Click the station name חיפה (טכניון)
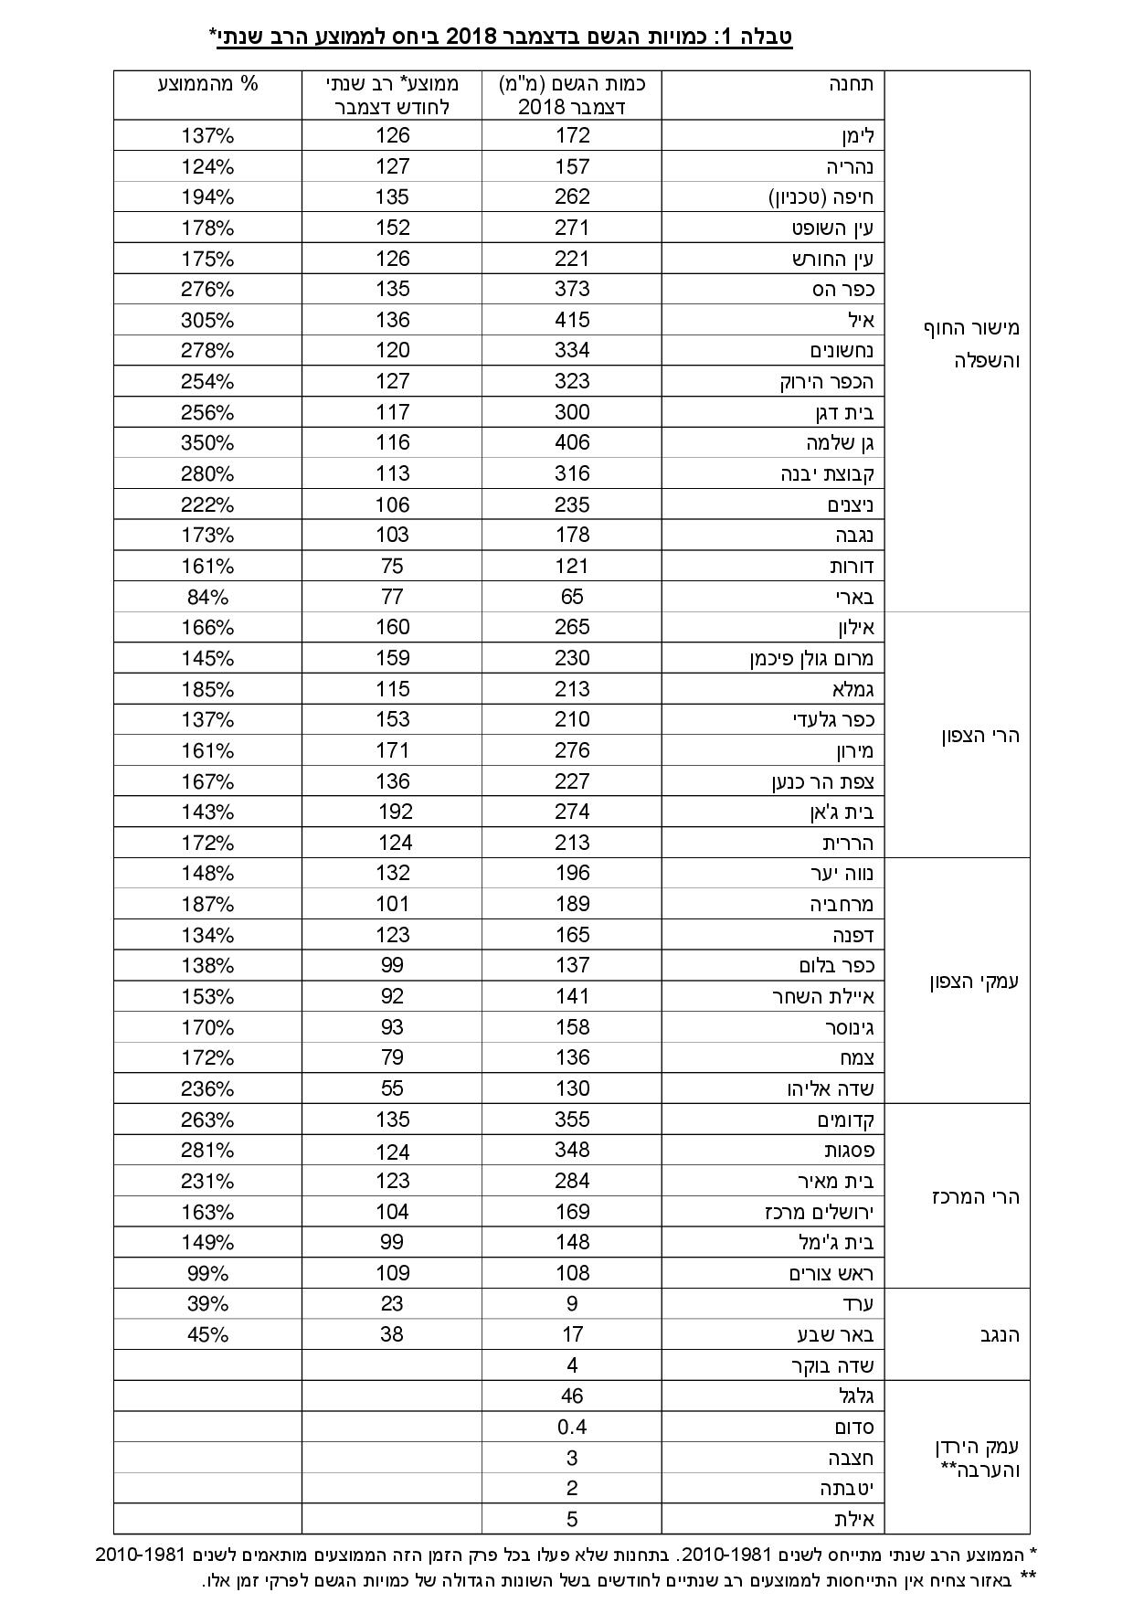coord(820,197)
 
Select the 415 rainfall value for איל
coord(572,320)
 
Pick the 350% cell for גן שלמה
coord(207,443)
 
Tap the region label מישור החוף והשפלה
coord(969,344)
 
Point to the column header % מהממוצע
coord(207,84)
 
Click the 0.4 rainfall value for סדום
coord(572,1428)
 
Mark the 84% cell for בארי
coord(207,597)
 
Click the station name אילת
coord(854,1520)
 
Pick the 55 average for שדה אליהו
coord(392,1088)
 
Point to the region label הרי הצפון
coord(979,736)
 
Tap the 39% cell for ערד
coord(207,1304)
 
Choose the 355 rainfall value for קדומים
coord(572,1120)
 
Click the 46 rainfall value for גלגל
coord(572,1396)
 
